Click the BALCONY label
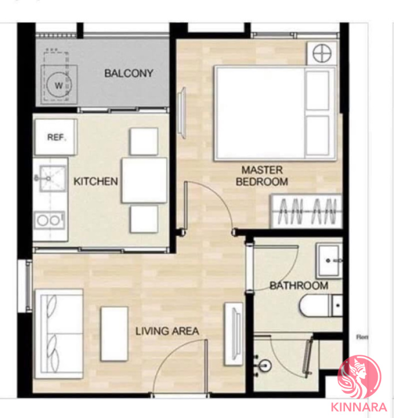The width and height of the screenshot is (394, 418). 129,73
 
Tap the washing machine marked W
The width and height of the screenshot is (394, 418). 59,85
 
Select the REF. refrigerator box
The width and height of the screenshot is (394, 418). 56,137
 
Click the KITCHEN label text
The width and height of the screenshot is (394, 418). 96,181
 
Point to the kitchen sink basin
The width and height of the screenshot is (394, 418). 52,178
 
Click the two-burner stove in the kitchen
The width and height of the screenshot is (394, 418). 50,220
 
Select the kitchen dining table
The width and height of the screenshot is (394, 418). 144,180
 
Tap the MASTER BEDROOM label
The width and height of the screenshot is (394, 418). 262,176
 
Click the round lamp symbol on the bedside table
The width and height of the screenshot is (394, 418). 322,53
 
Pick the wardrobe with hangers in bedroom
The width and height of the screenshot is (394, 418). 306,211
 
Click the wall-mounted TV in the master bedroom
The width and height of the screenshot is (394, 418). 182,112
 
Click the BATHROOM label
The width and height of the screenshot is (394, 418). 299,286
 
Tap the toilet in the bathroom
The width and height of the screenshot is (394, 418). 321,306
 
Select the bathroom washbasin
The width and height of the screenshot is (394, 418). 329,261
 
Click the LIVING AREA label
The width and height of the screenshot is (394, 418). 167,331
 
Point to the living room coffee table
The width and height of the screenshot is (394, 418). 114,334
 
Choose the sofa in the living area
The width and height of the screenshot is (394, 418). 59,333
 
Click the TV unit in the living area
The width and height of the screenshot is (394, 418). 234,334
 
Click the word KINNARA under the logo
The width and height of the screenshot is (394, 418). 359,407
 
